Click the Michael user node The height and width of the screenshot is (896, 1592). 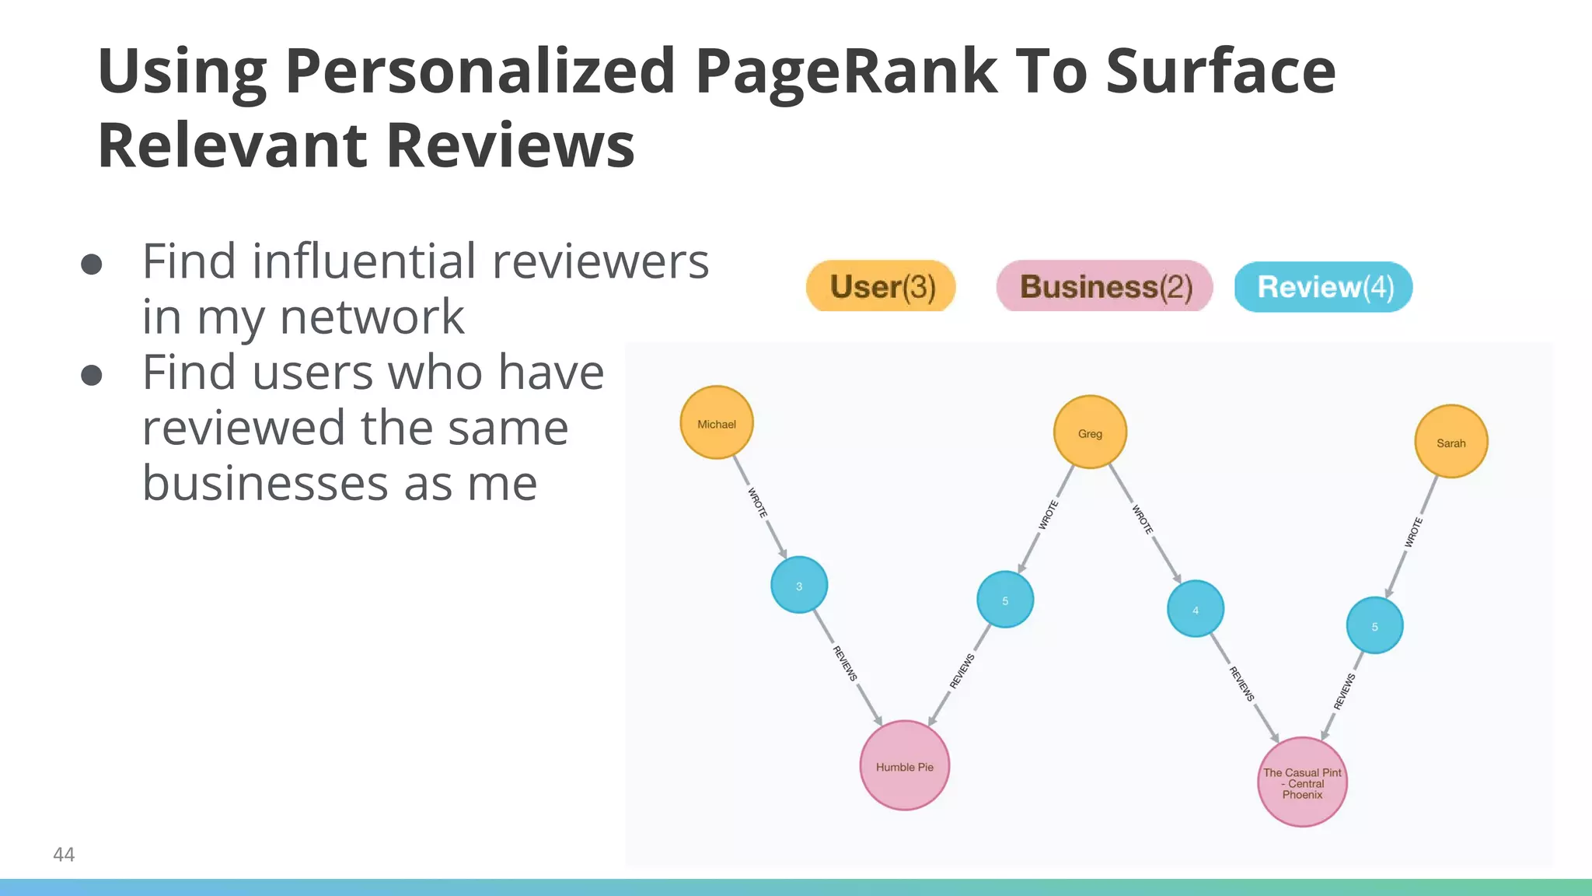[716, 423]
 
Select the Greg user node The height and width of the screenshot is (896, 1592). [1089, 432]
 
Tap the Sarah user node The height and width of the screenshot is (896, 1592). [1451, 442]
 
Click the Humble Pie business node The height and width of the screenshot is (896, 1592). [904, 765]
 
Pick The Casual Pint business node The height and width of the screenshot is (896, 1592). [1302, 782]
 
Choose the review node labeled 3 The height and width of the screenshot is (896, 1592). [798, 585]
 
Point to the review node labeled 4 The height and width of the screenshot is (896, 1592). [1195, 609]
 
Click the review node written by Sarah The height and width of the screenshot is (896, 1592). [1374, 625]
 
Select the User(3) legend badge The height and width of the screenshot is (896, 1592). [881, 286]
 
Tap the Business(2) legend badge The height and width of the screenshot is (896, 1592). [1104, 286]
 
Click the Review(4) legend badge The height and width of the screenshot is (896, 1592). [1323, 287]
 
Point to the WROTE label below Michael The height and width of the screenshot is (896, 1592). [757, 502]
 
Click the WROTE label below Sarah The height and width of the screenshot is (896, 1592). [1413, 533]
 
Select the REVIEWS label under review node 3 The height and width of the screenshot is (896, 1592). [845, 663]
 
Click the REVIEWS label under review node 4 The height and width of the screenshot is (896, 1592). [1241, 684]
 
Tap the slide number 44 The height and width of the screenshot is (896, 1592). [64, 855]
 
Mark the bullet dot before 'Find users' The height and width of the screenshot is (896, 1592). [92, 376]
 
